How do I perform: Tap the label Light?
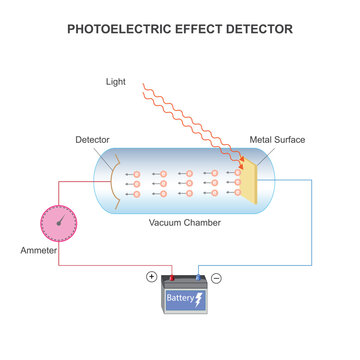click(117, 81)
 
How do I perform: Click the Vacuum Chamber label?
click(185, 222)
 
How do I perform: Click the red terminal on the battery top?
click(171, 279)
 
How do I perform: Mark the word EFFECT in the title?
click(195, 29)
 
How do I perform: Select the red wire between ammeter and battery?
click(100, 266)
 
